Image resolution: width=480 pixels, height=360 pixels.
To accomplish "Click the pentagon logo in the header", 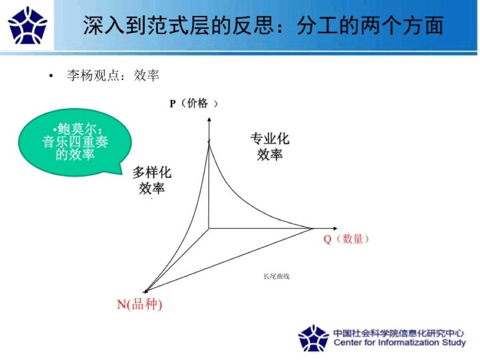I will tap(27, 25).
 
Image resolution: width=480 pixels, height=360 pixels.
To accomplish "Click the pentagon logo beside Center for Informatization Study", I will tap(313, 338).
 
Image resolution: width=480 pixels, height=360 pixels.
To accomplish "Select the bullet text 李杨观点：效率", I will tap(113, 75).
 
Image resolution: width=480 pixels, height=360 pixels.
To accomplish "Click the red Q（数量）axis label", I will tap(346, 239).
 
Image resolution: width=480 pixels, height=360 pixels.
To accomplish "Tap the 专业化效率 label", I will tap(270, 146).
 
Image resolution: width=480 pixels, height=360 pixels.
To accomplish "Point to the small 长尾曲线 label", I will tap(276, 276).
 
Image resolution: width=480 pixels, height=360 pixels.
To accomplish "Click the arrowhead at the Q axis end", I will tap(334, 228).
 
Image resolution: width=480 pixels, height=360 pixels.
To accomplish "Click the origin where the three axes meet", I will tap(209, 228).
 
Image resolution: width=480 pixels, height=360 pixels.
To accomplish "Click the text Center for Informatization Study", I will tap(399, 343).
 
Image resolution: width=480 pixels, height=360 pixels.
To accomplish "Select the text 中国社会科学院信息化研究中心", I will tap(399, 333).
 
